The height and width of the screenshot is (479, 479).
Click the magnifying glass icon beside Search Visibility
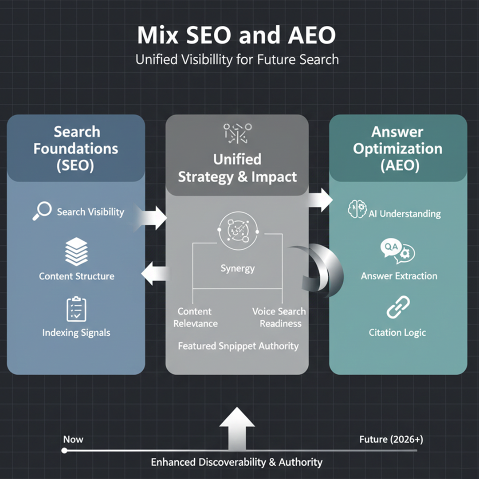[42, 212]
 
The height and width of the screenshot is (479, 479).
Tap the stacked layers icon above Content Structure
[76, 251]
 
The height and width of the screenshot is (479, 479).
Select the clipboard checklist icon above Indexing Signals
[76, 309]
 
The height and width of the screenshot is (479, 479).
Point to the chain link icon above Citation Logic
[398, 307]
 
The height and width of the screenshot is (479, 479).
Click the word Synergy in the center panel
[238, 268]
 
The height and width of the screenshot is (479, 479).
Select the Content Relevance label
[195, 317]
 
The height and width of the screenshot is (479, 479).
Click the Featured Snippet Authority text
[238, 346]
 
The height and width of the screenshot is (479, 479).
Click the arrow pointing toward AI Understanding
[321, 200]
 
